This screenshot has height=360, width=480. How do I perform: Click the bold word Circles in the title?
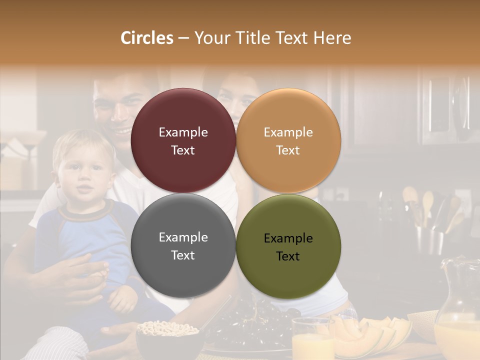(147, 38)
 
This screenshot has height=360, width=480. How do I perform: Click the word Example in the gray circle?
(183, 237)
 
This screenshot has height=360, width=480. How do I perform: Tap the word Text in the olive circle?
(288, 256)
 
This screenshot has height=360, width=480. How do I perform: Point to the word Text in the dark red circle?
(183, 150)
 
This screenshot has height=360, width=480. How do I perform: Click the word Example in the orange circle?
(288, 132)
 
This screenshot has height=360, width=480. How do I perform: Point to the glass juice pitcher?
(457, 310)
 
